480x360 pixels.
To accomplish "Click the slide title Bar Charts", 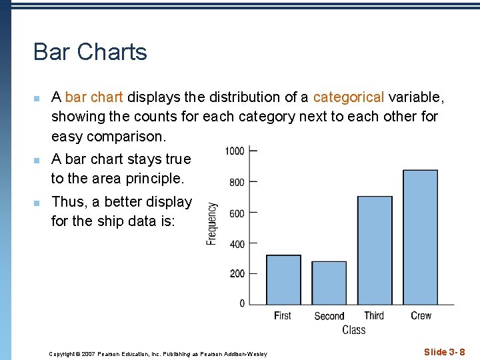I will (x=90, y=52).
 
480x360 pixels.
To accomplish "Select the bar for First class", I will (x=283, y=280).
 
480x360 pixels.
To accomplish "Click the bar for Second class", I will (x=329, y=283).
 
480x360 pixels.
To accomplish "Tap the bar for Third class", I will (x=375, y=251).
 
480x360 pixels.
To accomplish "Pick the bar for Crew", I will (x=420, y=237).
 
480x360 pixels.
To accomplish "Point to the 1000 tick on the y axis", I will (x=234, y=151).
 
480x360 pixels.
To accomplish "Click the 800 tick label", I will (x=237, y=182).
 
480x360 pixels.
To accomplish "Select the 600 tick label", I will (x=237, y=213).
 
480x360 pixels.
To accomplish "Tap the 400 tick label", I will (x=237, y=244).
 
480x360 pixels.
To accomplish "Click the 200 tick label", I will (x=237, y=274).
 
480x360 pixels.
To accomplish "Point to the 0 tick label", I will (x=242, y=304).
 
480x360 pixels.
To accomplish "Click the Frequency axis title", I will (x=212, y=224).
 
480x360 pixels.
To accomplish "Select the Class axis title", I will (x=353, y=330).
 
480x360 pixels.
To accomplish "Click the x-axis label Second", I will (x=329, y=316).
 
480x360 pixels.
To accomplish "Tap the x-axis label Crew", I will (x=421, y=315).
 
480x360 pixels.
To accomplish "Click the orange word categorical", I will (x=348, y=97).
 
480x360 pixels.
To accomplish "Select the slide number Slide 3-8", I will (x=444, y=352).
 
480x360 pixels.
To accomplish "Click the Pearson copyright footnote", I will (x=158, y=354).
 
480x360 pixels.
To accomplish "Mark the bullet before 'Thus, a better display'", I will (x=37, y=203).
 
